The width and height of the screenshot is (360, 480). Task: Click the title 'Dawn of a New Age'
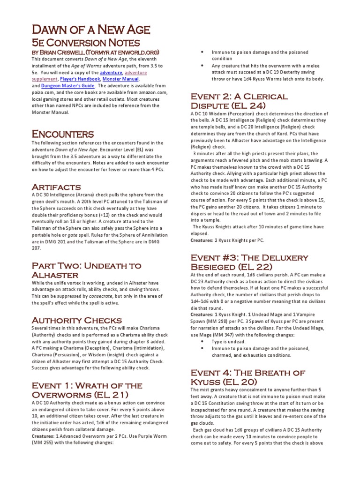pyautogui.click(x=91, y=30)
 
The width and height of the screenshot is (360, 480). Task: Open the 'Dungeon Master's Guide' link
pyautogui.click(x=67, y=86)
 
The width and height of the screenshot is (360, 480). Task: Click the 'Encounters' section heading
pyautogui.click(x=63, y=134)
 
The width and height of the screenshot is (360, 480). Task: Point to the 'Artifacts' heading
pyautogui.click(x=56, y=187)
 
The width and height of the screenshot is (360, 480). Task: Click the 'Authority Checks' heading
pyautogui.click(x=70, y=320)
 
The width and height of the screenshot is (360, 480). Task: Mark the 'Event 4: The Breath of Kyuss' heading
pyautogui.click(x=247, y=377)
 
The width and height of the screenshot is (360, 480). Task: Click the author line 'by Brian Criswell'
pyautogui.click(x=96, y=52)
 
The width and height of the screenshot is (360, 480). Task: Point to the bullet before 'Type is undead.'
pyautogui.click(x=202, y=342)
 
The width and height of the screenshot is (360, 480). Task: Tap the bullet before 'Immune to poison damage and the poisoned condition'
pyautogui.click(x=202, y=52)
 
